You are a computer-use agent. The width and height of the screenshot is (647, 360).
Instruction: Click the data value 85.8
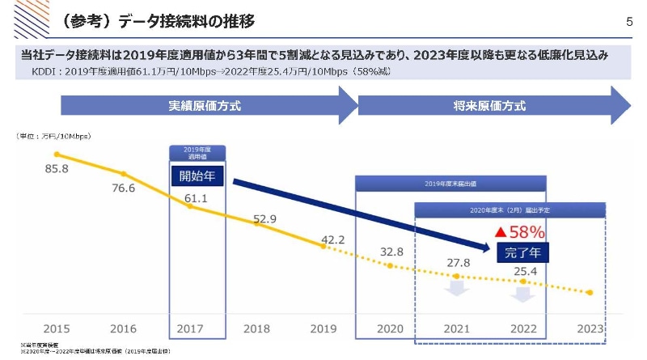pos(57,169)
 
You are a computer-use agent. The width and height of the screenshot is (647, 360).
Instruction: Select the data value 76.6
pos(124,188)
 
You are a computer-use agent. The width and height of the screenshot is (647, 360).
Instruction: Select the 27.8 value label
pos(458,263)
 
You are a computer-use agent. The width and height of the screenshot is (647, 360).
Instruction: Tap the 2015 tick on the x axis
pos(57,329)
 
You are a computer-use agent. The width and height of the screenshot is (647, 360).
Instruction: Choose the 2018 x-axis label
pos(256,329)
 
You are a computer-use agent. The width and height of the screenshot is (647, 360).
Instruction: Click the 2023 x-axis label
pos(590,329)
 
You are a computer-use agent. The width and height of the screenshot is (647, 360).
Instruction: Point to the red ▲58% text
pos(521,232)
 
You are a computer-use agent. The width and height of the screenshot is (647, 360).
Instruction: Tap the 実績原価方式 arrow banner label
pos(204,106)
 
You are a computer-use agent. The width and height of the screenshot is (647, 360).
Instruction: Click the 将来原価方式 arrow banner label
pos(489,106)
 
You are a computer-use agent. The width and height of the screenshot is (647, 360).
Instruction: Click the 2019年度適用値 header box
pos(197,152)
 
